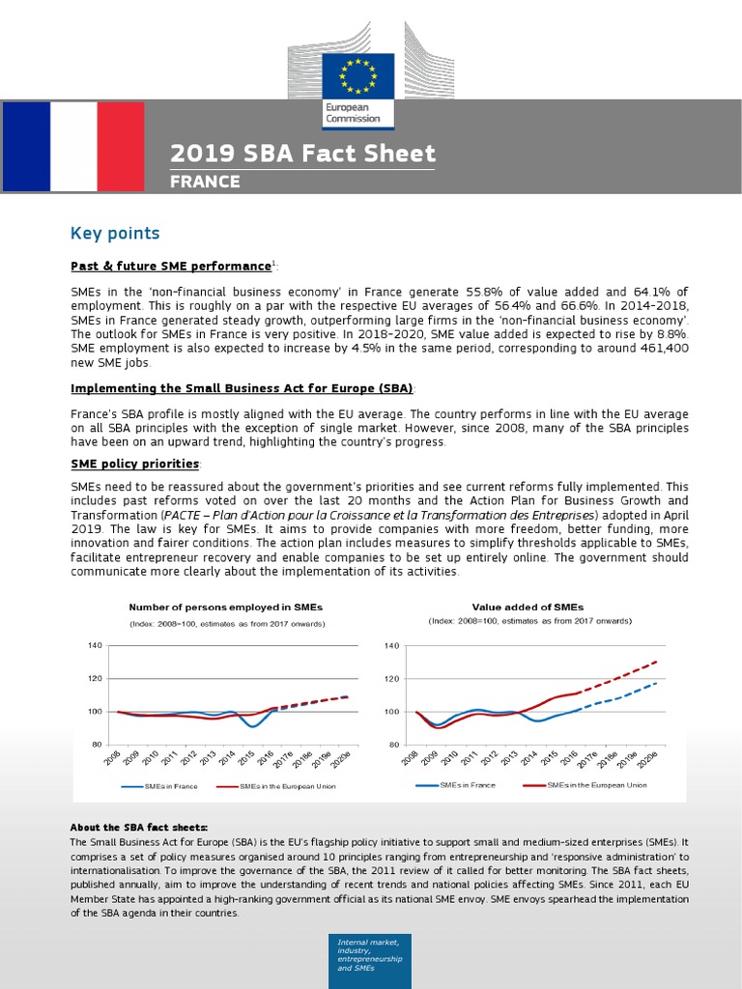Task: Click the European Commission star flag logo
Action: (x=357, y=77)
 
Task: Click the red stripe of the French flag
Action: (x=121, y=145)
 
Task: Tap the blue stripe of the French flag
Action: (x=25, y=145)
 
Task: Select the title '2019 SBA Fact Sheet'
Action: (x=302, y=154)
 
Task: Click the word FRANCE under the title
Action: (x=205, y=181)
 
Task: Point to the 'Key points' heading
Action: (x=115, y=234)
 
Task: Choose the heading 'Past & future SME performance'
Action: (x=171, y=266)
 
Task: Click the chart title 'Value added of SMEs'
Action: (x=528, y=608)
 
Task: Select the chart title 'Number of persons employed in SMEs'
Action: (x=226, y=608)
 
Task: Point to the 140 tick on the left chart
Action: (x=95, y=645)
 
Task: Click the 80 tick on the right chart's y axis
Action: (x=391, y=745)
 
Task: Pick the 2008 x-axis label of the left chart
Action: (x=112, y=759)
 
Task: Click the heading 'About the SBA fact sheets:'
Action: (x=138, y=828)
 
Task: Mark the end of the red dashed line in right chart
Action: (x=657, y=662)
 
